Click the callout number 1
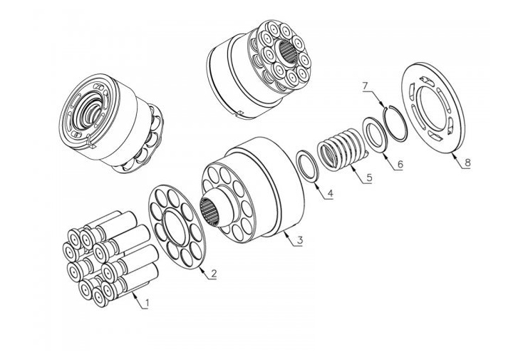(x=147, y=304)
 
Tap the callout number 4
(x=330, y=192)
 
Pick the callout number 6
(x=400, y=164)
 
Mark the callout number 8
(x=467, y=163)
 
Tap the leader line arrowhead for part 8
(x=452, y=151)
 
